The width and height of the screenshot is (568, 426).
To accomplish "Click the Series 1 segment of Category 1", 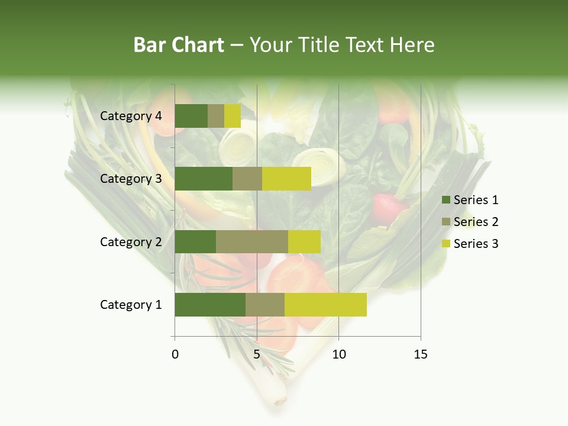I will [210, 305].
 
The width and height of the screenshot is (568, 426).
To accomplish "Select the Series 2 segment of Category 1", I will [265, 305].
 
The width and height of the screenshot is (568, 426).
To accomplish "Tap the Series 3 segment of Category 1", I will [325, 305].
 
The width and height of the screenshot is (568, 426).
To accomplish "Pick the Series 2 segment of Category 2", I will [252, 241].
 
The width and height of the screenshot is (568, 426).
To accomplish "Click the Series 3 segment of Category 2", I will [304, 241].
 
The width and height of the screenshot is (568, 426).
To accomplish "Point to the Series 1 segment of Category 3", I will [204, 179].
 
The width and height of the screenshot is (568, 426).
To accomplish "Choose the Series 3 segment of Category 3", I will [286, 179].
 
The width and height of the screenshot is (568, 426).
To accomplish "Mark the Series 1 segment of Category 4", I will [191, 116].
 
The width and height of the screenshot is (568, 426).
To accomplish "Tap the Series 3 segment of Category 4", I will [233, 116].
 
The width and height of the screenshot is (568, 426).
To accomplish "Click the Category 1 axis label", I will [131, 305].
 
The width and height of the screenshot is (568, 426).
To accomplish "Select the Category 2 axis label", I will [131, 241].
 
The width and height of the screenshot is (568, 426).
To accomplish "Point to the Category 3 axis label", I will [131, 179].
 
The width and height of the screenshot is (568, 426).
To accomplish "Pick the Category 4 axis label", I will [131, 116].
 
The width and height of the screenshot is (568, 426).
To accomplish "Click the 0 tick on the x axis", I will [175, 354].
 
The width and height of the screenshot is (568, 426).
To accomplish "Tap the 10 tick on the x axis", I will [338, 354].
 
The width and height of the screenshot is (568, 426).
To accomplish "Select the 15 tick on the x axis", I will [421, 354].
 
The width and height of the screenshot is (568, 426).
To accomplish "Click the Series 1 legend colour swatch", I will [446, 200].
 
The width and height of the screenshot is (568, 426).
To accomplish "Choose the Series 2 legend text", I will [476, 222].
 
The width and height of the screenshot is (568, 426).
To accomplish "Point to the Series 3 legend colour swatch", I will [446, 244].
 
